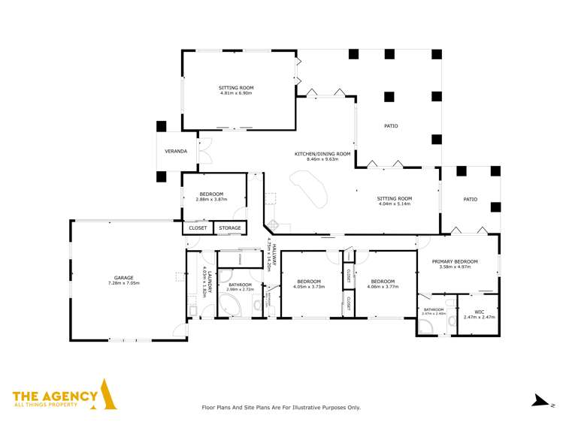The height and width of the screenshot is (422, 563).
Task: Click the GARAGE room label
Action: pos(123,278)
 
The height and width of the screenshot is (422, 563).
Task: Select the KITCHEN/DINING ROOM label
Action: pos(322,154)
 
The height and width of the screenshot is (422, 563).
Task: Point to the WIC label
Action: pos(478,312)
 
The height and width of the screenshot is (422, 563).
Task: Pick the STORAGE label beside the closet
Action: pos(230,228)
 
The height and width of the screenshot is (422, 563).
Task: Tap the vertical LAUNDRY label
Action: pos(201,281)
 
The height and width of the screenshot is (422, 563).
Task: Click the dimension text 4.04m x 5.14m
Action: pos(395,204)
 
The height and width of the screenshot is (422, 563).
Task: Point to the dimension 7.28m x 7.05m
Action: pos(123,283)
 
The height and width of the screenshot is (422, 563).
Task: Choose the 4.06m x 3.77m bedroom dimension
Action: pos(381,286)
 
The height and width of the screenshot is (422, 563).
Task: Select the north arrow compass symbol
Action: pos(537,400)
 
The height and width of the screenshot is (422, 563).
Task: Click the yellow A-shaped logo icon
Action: pos(109,396)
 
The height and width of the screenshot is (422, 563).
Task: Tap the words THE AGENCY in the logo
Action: pos(55,396)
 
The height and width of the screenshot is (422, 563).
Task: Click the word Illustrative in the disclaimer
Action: pos(312,407)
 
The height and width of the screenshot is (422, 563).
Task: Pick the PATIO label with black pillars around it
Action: pos(390,126)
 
